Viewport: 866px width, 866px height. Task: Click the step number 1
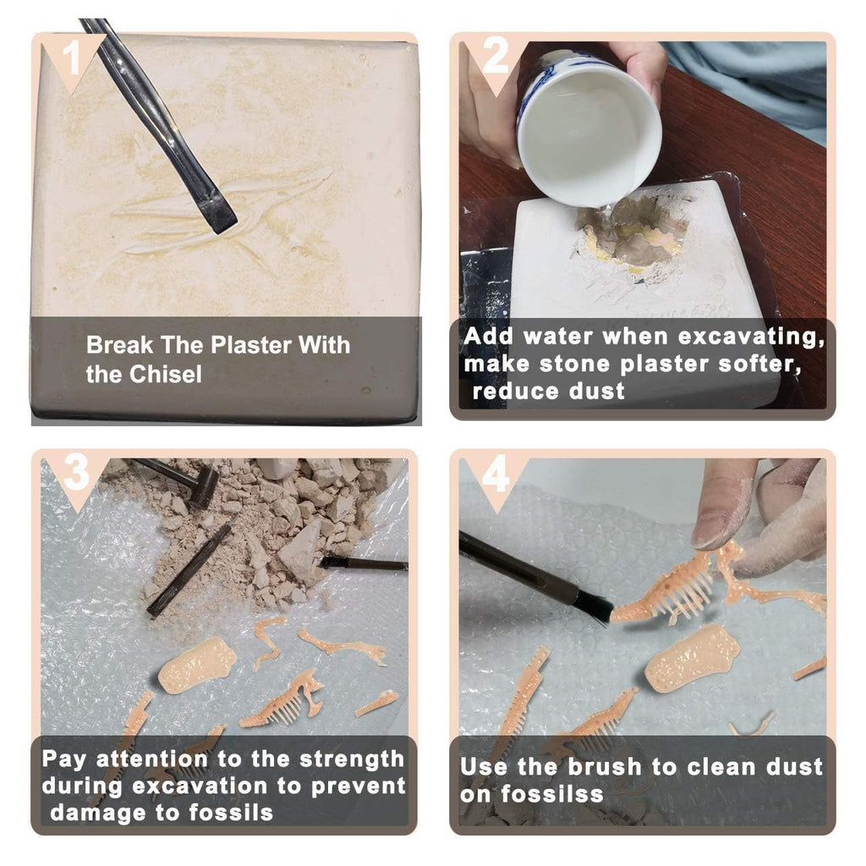click(x=71, y=58)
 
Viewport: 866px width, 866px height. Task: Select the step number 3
click(x=76, y=472)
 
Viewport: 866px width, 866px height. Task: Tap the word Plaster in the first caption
click(x=251, y=345)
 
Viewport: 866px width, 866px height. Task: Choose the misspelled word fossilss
click(x=551, y=794)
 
